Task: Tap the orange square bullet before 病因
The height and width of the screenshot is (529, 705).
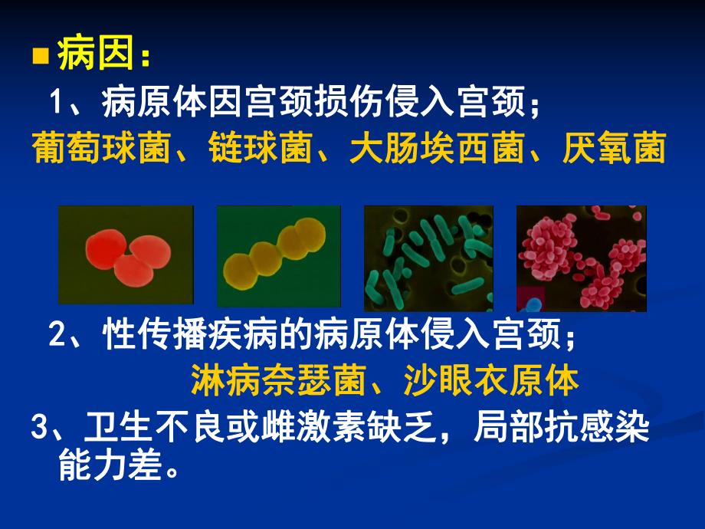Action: point(41,58)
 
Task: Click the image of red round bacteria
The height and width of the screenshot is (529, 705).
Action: point(126,255)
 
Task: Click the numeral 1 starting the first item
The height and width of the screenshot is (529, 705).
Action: point(56,102)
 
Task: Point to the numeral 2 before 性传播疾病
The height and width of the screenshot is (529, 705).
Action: point(56,335)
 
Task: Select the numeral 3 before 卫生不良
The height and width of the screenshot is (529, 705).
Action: point(39,427)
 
